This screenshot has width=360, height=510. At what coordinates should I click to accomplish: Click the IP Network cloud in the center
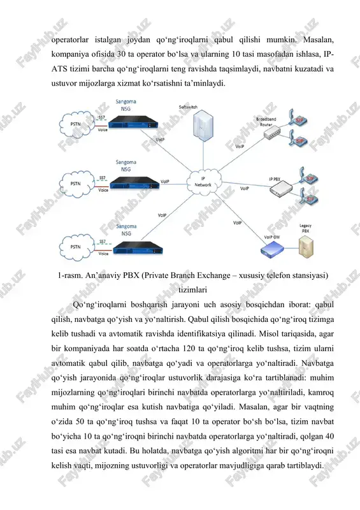[204, 182]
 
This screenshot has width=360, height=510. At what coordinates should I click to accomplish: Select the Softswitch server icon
[203, 124]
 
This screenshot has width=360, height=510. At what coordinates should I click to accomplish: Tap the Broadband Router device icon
[272, 133]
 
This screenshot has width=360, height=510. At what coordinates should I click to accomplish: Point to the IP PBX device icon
[281, 189]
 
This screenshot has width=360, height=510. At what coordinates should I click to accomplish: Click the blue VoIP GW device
[272, 249]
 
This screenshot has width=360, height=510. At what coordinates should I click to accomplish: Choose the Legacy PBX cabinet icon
[306, 247]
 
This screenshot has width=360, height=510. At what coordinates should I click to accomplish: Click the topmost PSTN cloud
[76, 124]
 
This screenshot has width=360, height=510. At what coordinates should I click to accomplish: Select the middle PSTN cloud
[76, 184]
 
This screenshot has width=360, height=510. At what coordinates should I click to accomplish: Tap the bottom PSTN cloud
[76, 247]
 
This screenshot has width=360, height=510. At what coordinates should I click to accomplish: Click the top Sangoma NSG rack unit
[133, 122]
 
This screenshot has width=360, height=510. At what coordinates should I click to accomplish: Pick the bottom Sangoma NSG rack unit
[138, 248]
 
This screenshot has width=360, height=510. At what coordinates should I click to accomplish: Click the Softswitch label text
[188, 107]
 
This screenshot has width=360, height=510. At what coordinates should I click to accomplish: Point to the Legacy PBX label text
[305, 228]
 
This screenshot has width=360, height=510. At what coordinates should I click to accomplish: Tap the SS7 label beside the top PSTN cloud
[101, 117]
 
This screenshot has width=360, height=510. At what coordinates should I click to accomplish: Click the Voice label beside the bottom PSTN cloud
[103, 253]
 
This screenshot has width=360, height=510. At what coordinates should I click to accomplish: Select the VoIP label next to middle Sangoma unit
[165, 182]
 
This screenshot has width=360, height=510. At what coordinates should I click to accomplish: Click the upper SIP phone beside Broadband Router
[295, 117]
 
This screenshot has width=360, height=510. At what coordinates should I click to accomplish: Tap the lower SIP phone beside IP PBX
[308, 196]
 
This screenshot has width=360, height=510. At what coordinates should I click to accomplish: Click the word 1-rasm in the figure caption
[70, 275]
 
